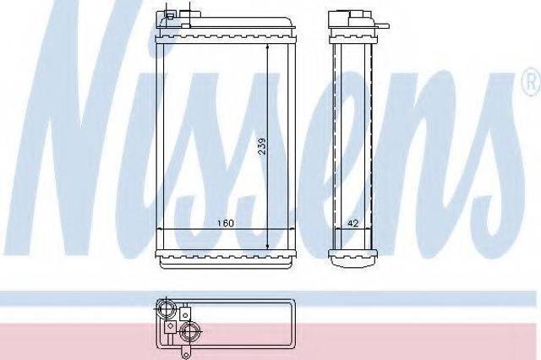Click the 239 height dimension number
point(263,146)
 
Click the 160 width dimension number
point(226,223)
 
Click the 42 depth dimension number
point(352,223)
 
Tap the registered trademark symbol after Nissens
point(533,81)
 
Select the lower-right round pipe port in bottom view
point(189,332)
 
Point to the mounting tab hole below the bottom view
point(185,354)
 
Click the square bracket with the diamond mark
point(170,327)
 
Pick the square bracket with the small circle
point(185,314)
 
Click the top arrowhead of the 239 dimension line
point(268,46)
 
